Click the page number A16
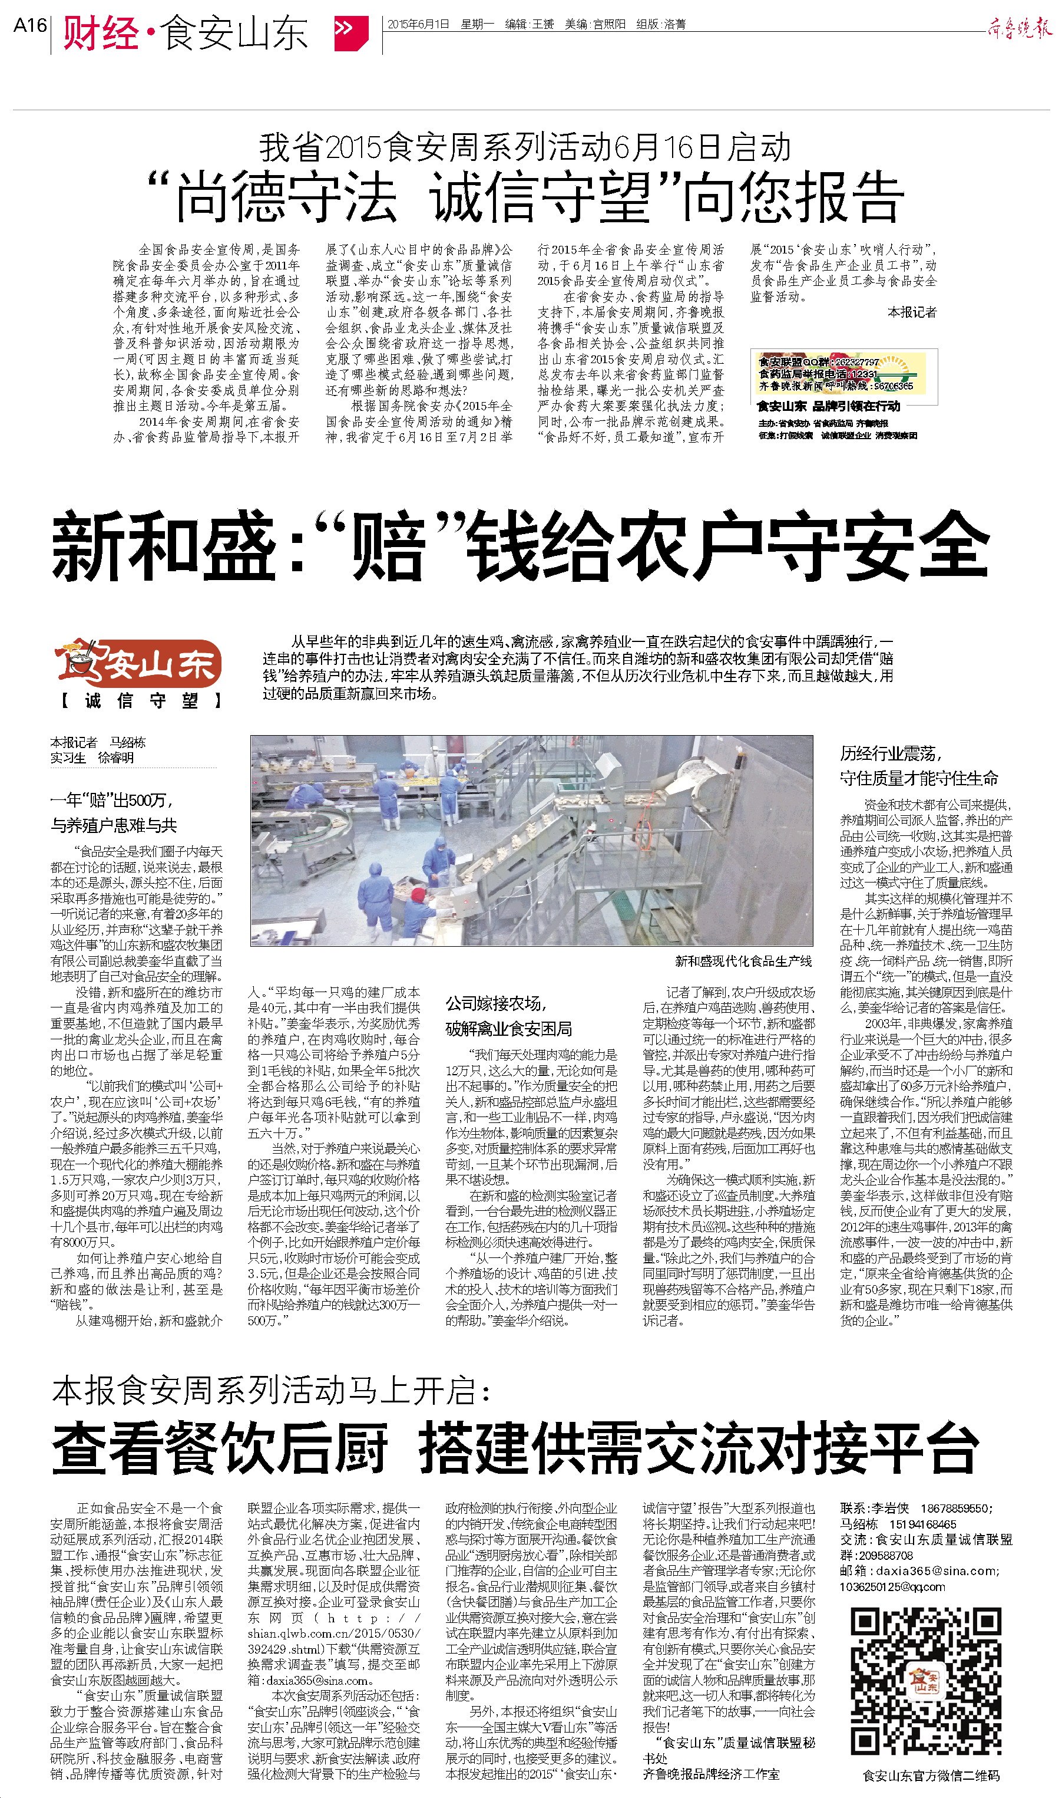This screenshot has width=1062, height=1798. click(29, 26)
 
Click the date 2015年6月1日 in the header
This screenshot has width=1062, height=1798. click(418, 24)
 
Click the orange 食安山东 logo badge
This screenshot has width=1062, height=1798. click(138, 663)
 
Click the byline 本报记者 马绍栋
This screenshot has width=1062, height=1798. click(97, 743)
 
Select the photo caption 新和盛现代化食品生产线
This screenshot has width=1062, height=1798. click(743, 961)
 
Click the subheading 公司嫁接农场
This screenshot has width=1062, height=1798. click(496, 1003)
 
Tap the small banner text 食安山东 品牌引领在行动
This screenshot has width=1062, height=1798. click(828, 406)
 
